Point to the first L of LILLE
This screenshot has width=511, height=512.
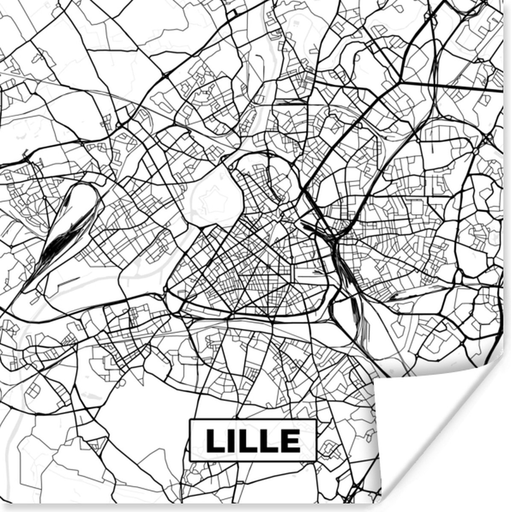click(x=215, y=440)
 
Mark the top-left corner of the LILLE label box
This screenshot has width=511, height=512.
click(x=190, y=420)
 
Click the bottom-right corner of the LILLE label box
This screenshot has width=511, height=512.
click(x=316, y=461)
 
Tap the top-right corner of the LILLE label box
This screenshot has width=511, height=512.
click(x=316, y=420)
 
